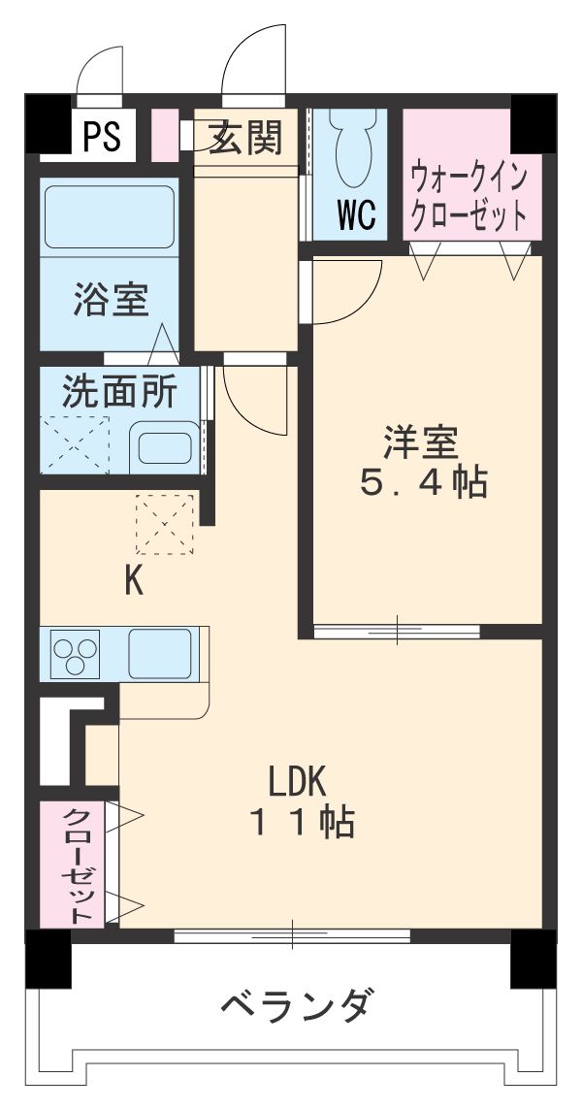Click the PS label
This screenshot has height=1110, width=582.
101,138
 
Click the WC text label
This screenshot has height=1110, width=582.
356,214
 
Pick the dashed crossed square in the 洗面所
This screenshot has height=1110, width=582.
76,445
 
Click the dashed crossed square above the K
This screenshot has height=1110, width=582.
165,524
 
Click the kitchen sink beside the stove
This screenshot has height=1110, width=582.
161,652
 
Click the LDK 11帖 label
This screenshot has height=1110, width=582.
301,800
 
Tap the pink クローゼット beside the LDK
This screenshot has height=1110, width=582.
79,864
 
